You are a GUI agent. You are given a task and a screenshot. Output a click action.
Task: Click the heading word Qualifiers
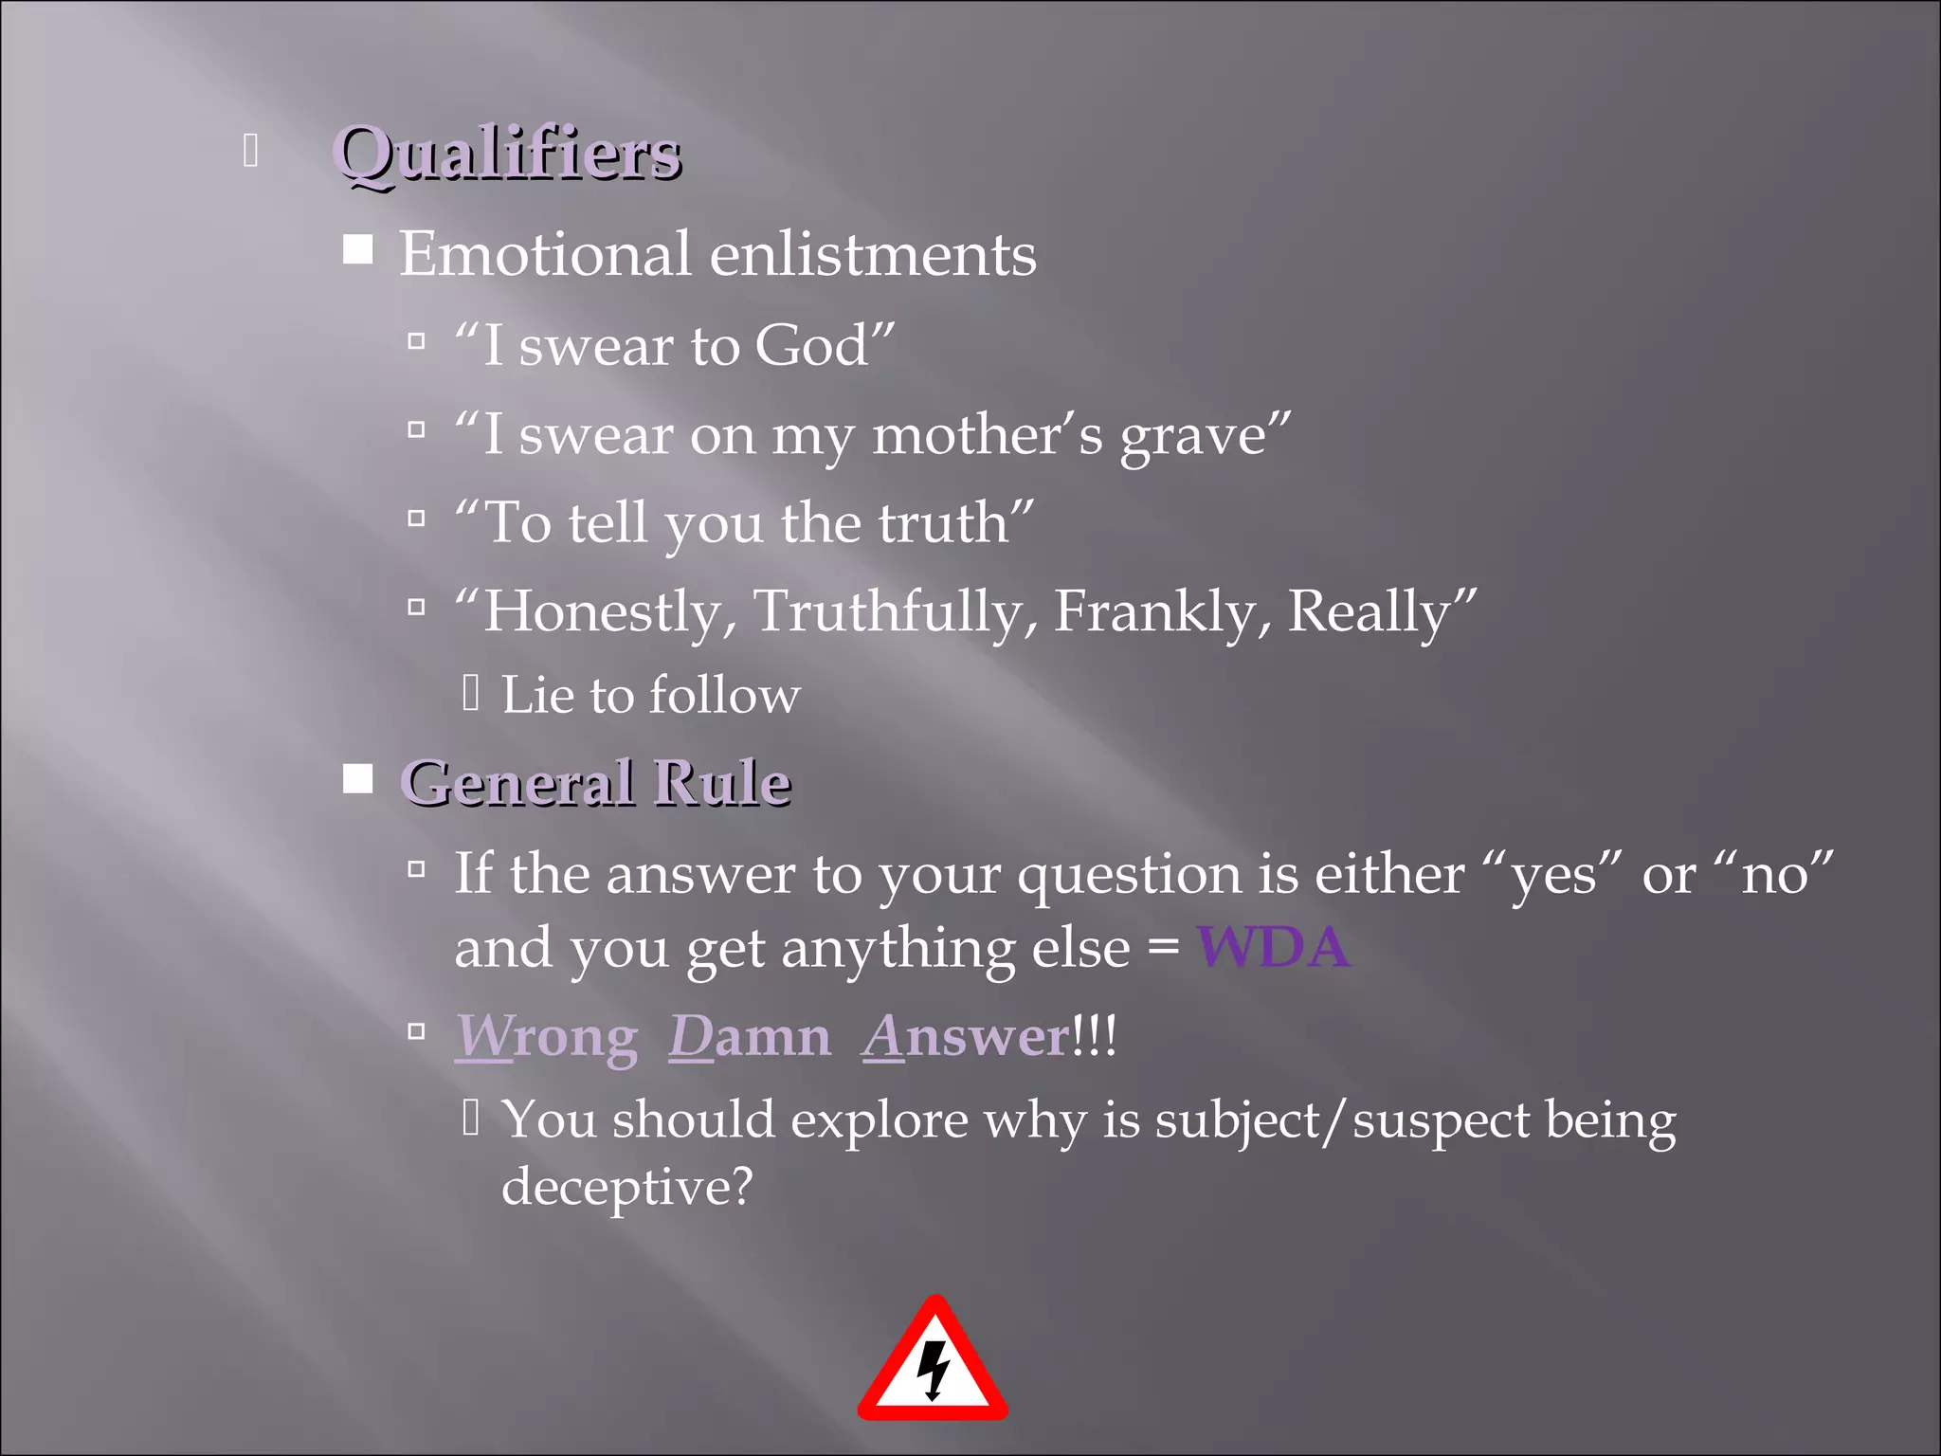pyautogui.click(x=507, y=154)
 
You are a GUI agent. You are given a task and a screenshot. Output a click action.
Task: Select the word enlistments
pyautogui.click(x=873, y=254)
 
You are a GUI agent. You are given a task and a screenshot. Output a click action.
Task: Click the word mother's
pyautogui.click(x=987, y=436)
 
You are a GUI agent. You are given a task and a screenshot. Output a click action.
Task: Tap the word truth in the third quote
pyautogui.click(x=943, y=523)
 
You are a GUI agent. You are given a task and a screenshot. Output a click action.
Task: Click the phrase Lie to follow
pyautogui.click(x=650, y=696)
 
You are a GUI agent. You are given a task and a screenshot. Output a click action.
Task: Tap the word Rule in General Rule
pyautogui.click(x=722, y=783)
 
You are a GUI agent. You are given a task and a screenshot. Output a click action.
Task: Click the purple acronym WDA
pyautogui.click(x=1273, y=947)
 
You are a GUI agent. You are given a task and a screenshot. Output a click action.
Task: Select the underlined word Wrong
pyautogui.click(x=546, y=1037)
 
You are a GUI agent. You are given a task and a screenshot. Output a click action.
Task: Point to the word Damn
pyautogui.click(x=749, y=1037)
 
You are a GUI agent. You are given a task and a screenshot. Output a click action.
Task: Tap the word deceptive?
pyautogui.click(x=626, y=1187)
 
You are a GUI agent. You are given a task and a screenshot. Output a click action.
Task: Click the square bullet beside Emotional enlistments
pyautogui.click(x=357, y=250)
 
